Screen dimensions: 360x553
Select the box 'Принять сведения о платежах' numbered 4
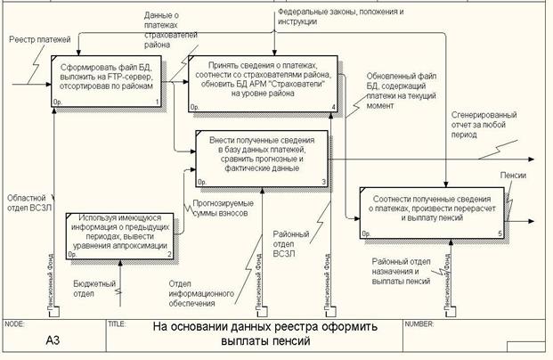click(262, 82)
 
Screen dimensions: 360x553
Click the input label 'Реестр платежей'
click(38, 41)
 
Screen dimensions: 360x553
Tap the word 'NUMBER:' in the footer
click(419, 324)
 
